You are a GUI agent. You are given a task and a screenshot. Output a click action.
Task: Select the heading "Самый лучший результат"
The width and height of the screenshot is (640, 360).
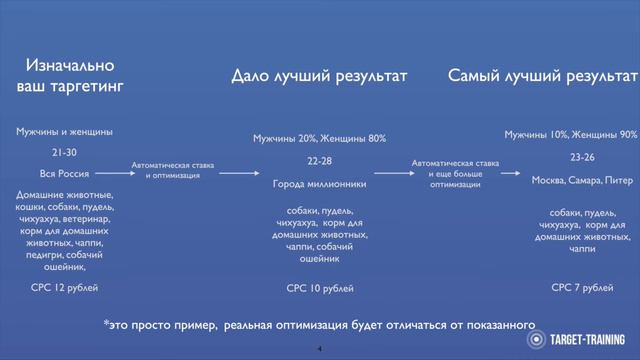point(542,76)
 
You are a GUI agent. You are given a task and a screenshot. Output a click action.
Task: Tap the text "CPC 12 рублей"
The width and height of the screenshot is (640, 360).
point(64,287)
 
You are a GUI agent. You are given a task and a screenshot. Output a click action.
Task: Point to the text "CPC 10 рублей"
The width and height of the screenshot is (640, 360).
point(320,288)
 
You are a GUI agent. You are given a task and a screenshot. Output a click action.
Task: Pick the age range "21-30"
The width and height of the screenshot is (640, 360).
point(64,152)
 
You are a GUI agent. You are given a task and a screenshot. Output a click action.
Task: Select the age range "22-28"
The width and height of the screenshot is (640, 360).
point(319,160)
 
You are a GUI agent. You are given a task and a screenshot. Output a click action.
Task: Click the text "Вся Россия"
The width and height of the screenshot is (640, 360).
point(64,172)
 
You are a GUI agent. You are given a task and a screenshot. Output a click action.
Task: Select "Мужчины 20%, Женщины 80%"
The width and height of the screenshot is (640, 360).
point(319,138)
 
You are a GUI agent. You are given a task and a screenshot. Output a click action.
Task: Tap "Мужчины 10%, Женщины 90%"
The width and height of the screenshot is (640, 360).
point(570,135)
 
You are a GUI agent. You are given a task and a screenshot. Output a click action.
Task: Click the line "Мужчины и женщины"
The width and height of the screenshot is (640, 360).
point(64,131)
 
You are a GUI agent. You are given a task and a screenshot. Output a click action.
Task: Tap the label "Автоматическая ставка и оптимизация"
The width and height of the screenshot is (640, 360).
point(171,170)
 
